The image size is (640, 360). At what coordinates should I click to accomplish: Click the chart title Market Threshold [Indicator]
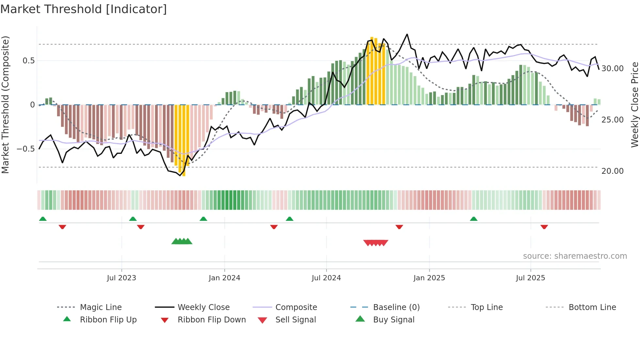coord(84,9)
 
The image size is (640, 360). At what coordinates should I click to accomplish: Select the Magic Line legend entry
coord(101,307)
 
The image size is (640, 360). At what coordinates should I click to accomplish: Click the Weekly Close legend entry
coord(203,307)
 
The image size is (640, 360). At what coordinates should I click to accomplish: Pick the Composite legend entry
coord(296,307)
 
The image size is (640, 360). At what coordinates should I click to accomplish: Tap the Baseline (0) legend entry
coord(396,307)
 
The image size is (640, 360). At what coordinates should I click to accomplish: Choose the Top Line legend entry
coord(487,307)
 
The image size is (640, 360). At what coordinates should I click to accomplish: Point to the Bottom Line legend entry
coord(592,307)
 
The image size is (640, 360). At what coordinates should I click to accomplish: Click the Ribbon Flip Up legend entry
coord(108,319)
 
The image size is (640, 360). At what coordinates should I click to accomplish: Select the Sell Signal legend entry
coord(296,319)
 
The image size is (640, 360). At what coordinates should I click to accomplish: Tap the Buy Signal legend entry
coord(393,319)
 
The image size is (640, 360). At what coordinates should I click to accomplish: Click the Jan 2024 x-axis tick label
coord(224,278)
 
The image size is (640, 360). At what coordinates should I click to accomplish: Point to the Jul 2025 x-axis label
coord(530,278)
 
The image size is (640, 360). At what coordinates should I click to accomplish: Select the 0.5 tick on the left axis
coord(28,61)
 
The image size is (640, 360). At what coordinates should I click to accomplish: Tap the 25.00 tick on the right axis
coord(612,120)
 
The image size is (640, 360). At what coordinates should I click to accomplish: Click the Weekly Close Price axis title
coord(634,105)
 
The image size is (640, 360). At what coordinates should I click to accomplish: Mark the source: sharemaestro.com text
coord(575,256)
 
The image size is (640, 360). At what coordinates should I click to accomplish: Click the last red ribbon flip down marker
coord(544,227)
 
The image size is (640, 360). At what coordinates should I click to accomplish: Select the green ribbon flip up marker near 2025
coord(473,219)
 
